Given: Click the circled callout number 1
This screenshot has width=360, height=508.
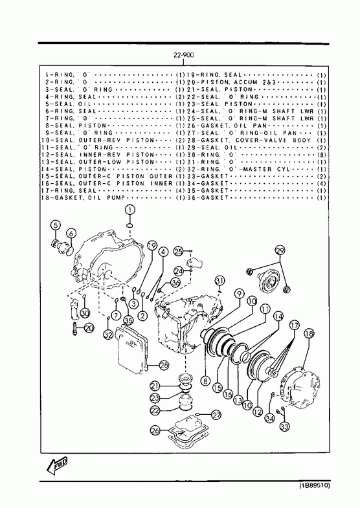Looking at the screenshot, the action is pyautogui.click(x=130, y=210).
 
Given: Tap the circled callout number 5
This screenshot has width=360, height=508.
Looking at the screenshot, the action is pyautogui.click(x=56, y=225).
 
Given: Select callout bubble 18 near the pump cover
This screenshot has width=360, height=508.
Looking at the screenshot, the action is pyautogui.click(x=309, y=333).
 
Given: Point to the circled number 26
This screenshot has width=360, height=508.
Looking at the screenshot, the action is pyautogui.click(x=155, y=430).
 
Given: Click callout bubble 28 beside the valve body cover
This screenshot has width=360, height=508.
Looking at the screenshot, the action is pyautogui.click(x=164, y=366).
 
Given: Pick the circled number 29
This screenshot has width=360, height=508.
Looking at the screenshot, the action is pyautogui.click(x=280, y=250).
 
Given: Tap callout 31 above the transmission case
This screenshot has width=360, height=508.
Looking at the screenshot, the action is pyautogui.click(x=219, y=280).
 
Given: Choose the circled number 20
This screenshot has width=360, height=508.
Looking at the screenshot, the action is pyautogui.click(x=89, y=328).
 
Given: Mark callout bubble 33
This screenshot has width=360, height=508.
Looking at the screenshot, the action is pyautogui.click(x=284, y=427).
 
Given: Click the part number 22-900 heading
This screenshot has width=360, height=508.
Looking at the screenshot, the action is pyautogui.click(x=183, y=55).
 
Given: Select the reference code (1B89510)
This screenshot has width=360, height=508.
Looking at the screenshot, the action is pyautogui.click(x=313, y=485).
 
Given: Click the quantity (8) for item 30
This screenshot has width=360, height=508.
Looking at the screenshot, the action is pyautogui.click(x=321, y=155).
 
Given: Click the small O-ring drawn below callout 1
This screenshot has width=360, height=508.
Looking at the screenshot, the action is pyautogui.click(x=129, y=225).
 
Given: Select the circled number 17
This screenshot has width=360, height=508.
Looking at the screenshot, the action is pyautogui.click(x=294, y=325).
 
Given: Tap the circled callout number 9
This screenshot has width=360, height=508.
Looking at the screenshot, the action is pyautogui.click(x=239, y=294).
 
